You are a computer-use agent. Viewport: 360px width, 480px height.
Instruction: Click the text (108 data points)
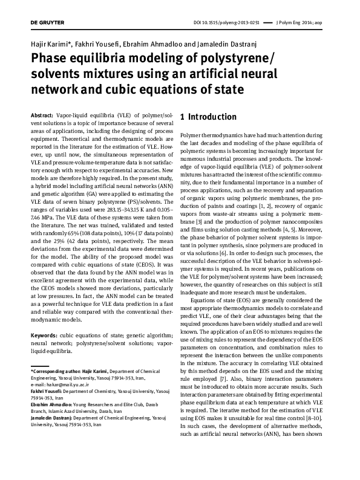click(x=91, y=232)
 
